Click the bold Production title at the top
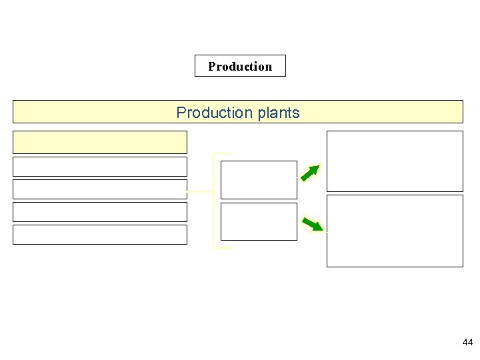(x=240, y=66)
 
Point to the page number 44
(x=467, y=342)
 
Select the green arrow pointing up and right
(x=309, y=173)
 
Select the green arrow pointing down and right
(x=311, y=223)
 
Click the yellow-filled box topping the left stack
(x=100, y=142)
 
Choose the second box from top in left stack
(x=100, y=166)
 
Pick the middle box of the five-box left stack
(x=100, y=189)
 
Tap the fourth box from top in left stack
(x=100, y=211)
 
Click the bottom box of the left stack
(x=100, y=234)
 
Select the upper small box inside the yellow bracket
(x=259, y=179)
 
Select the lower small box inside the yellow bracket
(x=259, y=221)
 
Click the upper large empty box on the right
(x=394, y=161)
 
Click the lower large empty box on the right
(x=394, y=231)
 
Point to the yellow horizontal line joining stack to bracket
(x=200, y=192)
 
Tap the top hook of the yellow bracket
(x=223, y=153)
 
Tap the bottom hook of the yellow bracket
(x=223, y=248)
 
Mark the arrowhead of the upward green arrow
(x=315, y=168)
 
